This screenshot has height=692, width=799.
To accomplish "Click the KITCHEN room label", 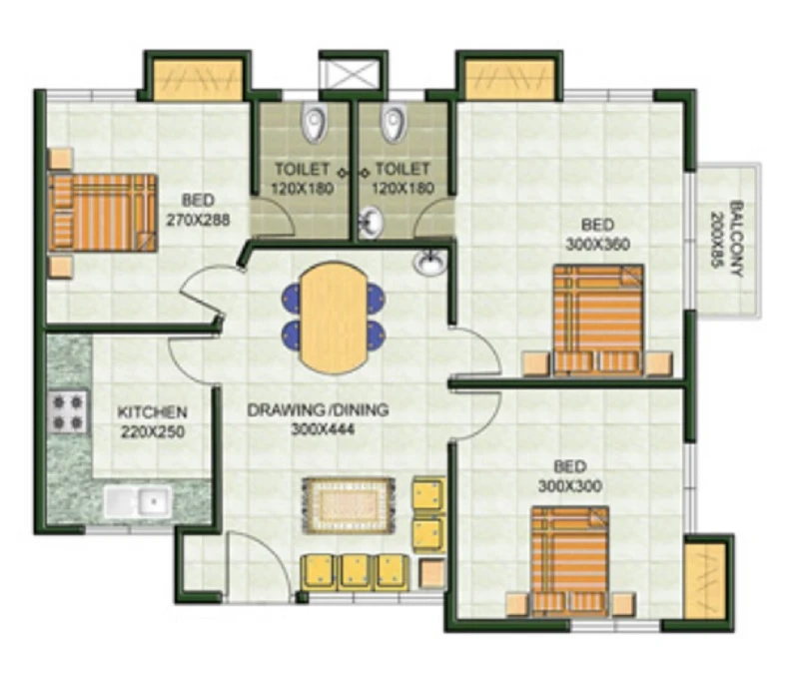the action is click(x=153, y=411).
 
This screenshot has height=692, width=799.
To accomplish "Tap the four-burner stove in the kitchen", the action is click(x=68, y=411).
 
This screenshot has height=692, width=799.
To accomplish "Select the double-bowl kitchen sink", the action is click(x=138, y=502).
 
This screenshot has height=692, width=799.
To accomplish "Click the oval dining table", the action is click(x=334, y=318).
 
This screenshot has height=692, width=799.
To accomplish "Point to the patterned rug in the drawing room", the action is click(x=349, y=505).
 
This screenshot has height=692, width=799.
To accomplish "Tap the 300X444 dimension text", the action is click(x=323, y=430).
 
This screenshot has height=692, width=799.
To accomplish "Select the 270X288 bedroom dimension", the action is click(x=198, y=220).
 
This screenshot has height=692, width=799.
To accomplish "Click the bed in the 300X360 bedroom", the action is click(x=598, y=320).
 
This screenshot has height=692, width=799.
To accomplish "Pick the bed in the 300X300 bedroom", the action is click(x=569, y=561).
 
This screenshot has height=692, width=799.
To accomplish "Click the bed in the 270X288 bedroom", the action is click(x=103, y=213).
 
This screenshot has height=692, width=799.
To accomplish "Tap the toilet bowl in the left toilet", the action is click(x=314, y=122).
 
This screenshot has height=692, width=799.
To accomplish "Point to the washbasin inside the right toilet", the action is click(x=371, y=222).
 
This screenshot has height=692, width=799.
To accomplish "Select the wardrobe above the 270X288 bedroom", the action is click(x=198, y=80).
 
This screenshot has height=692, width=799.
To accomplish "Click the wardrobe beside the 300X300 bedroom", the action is click(x=705, y=579).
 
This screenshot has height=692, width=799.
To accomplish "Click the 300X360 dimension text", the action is click(x=598, y=244).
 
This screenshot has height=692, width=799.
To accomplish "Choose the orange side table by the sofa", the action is click(x=432, y=573).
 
